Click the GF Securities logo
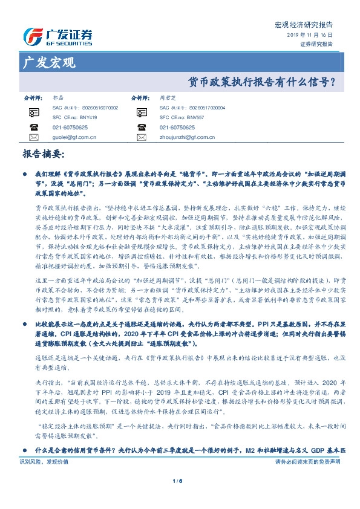[57, 37]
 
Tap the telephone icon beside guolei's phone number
[33, 127]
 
